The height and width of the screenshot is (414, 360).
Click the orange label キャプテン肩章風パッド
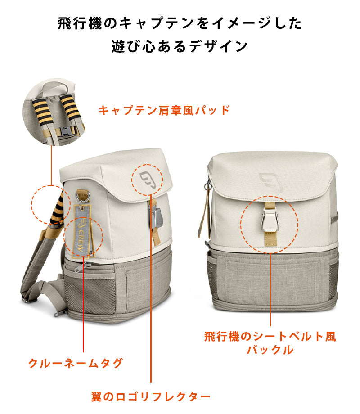(x=164, y=110)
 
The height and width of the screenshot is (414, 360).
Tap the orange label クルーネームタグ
(x=76, y=363)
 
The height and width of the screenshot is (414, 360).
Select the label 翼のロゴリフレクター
(x=151, y=396)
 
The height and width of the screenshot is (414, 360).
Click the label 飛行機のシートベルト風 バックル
(x=270, y=343)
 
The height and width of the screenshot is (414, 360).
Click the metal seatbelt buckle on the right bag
(x=270, y=218)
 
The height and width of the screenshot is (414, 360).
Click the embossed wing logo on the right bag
(x=271, y=182)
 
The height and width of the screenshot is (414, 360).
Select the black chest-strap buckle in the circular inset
(x=66, y=131)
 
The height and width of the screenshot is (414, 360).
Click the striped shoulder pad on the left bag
(x=57, y=209)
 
